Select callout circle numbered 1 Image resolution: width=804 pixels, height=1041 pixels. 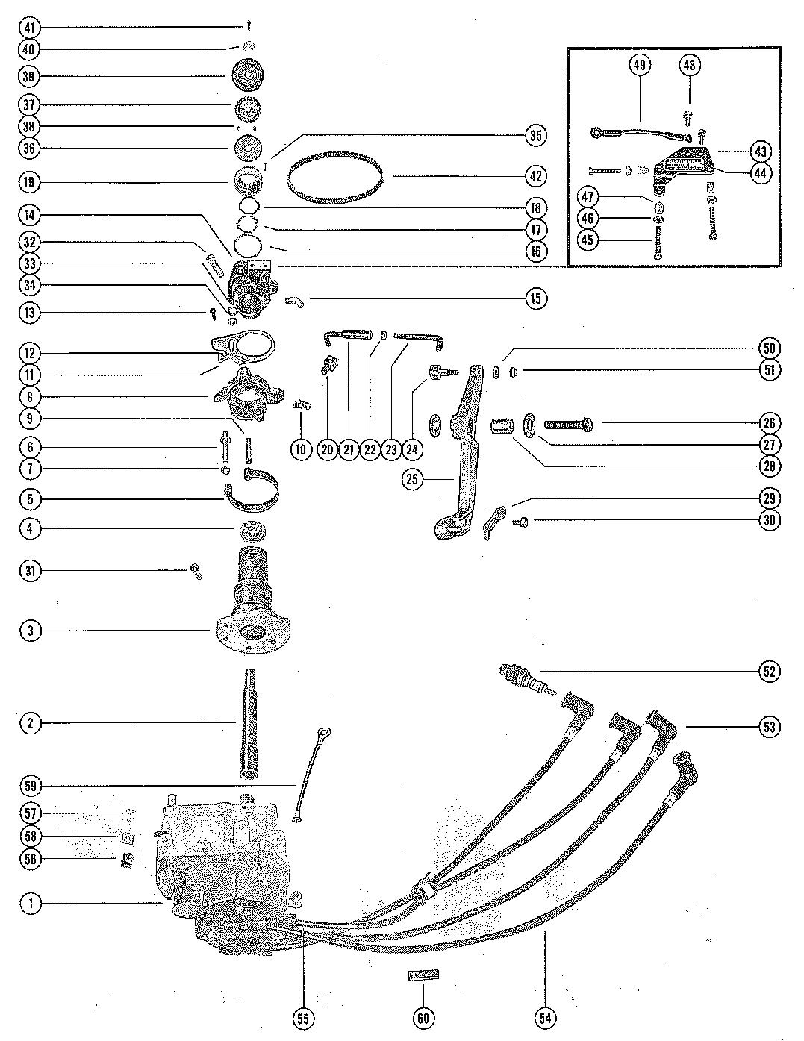(x=31, y=904)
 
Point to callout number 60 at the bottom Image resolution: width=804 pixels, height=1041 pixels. (x=423, y=1018)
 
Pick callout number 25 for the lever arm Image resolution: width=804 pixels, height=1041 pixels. (x=412, y=479)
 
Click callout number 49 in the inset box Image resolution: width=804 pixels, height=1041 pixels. (x=639, y=65)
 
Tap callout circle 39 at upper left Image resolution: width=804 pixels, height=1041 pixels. (x=31, y=76)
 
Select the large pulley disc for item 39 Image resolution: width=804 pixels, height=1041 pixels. (x=247, y=76)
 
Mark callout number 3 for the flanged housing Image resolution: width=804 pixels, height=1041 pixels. (x=31, y=631)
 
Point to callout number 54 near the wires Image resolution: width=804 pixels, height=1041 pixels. (x=546, y=1018)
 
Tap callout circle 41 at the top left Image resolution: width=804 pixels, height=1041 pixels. (x=31, y=28)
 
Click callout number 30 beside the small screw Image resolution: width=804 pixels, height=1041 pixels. (x=770, y=520)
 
